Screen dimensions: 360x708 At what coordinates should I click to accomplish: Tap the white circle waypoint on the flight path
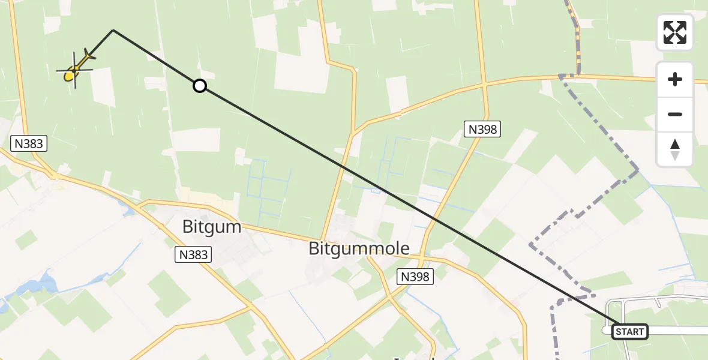[x=200, y=86]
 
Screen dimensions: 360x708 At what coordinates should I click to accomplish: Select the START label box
[x=629, y=331]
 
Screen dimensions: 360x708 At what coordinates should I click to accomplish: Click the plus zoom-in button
[x=675, y=79]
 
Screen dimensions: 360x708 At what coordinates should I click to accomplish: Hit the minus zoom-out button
[x=675, y=115]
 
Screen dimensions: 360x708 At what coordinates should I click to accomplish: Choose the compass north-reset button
[x=675, y=149]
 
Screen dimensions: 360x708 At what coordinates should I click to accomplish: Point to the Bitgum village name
[x=211, y=227]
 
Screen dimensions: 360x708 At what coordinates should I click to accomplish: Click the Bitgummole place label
[x=359, y=248]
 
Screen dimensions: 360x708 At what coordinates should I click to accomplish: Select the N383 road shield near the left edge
[x=29, y=143]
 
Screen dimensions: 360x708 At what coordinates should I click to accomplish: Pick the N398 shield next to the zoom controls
[x=482, y=128]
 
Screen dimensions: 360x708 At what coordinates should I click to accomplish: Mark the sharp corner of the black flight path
[x=113, y=29]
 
